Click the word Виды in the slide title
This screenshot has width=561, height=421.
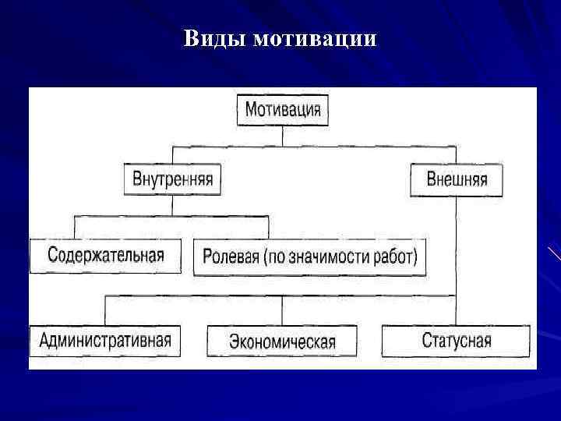coord(215,39)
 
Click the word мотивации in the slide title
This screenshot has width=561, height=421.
coord(315,39)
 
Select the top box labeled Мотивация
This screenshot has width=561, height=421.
coord(283,109)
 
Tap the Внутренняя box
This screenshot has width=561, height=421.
coord(172,179)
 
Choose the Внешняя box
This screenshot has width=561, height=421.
coord(457,179)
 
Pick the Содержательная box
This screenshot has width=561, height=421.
coord(105,256)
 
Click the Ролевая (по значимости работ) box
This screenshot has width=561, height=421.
coord(309,256)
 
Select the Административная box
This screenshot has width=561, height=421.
coord(105,340)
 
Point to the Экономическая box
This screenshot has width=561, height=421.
coord(282,341)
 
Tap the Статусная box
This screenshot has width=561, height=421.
coord(456,341)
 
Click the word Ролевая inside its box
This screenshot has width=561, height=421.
coord(231,256)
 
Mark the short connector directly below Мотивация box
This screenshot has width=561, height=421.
coord(283,135)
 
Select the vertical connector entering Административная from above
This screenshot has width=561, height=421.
coord(105,310)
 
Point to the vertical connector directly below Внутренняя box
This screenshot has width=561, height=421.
coord(172,205)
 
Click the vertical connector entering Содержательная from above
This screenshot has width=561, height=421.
coord(75,228)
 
